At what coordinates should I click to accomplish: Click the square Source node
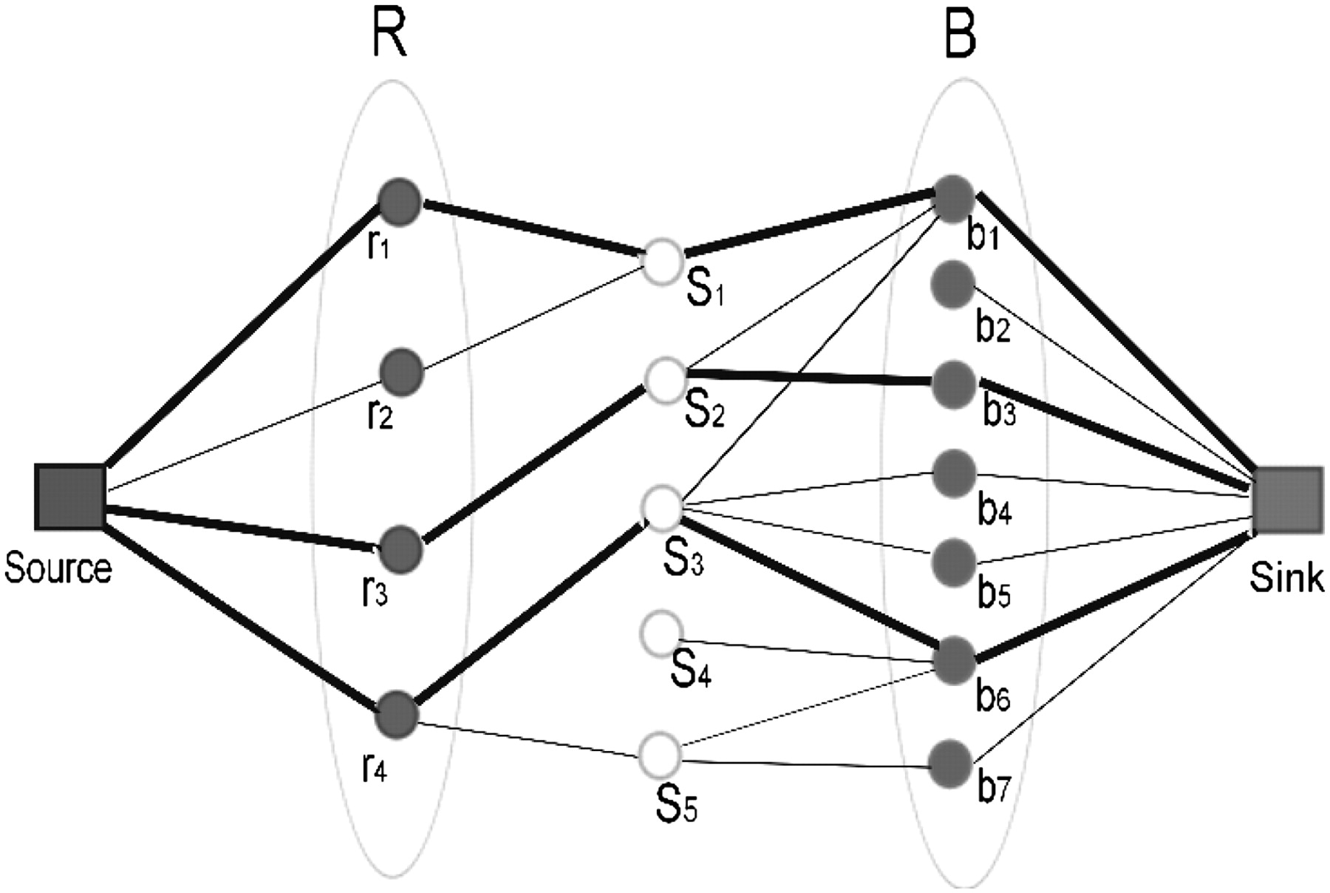click(x=70, y=498)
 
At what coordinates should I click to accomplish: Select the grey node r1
click(x=400, y=200)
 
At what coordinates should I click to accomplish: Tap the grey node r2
click(x=402, y=371)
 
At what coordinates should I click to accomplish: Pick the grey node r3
click(x=401, y=549)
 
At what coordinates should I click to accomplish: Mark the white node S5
click(x=659, y=753)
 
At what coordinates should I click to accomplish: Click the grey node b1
click(x=955, y=197)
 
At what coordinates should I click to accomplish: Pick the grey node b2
click(x=953, y=284)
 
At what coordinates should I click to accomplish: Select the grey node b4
click(x=954, y=473)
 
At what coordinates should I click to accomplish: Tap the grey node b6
click(x=953, y=660)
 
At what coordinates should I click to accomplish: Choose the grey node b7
click(x=951, y=764)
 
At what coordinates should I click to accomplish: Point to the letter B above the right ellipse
click(x=961, y=35)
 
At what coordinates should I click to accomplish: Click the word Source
click(x=58, y=568)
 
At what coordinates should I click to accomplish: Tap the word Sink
click(x=1286, y=577)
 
